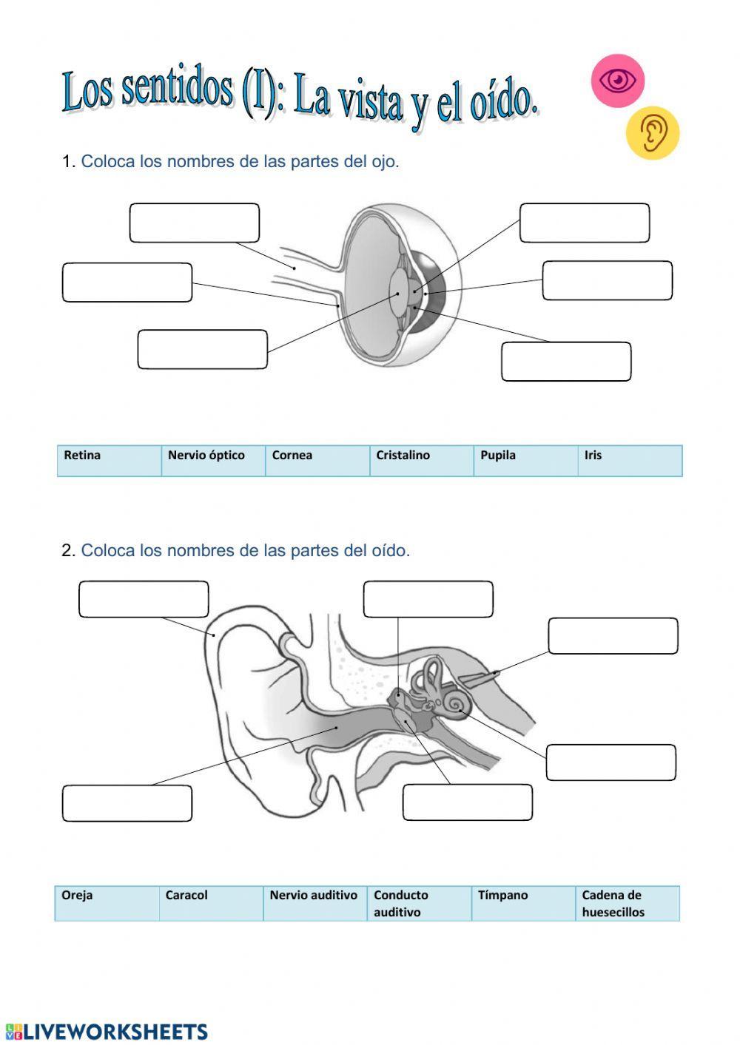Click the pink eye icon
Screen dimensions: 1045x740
pyautogui.click(x=617, y=79)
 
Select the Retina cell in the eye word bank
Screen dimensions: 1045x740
pyautogui.click(x=109, y=460)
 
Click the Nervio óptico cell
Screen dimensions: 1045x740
pyautogui.click(x=213, y=460)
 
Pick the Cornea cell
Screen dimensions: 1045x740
pyautogui.click(x=317, y=460)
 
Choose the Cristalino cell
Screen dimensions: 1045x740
pyautogui.click(x=421, y=460)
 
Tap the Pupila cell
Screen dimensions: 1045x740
pyautogui.click(x=525, y=460)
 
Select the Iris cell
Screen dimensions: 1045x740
pyautogui.click(x=629, y=460)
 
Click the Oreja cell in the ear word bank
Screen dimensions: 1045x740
pyautogui.click(x=107, y=903)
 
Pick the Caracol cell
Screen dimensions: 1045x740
pyautogui.click(x=211, y=903)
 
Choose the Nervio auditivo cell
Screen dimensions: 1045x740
pyautogui.click(x=314, y=903)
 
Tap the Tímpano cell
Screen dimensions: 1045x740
pyautogui.click(x=522, y=903)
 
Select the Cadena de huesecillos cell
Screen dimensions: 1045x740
pyautogui.click(x=627, y=903)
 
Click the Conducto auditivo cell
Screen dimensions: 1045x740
pyautogui.click(x=419, y=903)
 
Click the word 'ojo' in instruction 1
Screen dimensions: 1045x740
pyautogui.click(x=383, y=161)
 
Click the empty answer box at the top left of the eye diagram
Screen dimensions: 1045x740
pyautogui.click(x=195, y=223)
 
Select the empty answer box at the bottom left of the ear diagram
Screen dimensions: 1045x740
pyautogui.click(x=127, y=803)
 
